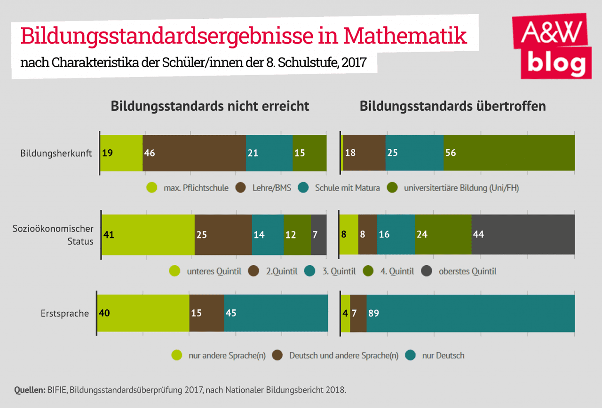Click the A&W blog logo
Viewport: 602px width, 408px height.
[551, 47]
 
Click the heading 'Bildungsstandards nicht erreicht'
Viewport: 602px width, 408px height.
[210, 106]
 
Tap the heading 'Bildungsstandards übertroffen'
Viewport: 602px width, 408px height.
[452, 106]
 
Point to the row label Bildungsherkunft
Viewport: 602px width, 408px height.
[56, 154]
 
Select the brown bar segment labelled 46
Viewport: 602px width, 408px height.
[194, 153]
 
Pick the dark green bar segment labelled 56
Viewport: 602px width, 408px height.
[509, 153]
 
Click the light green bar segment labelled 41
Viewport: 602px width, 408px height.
[148, 235]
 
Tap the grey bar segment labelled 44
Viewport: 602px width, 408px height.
[523, 235]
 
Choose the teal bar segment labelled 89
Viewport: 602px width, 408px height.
[470, 313]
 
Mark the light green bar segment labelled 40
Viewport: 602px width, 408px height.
[143, 313]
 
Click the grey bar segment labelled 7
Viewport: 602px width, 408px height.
[318, 235]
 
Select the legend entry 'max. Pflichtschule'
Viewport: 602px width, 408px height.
[188, 188]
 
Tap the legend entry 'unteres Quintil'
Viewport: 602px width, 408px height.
[207, 271]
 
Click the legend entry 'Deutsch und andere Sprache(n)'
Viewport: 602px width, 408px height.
[337, 355]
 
